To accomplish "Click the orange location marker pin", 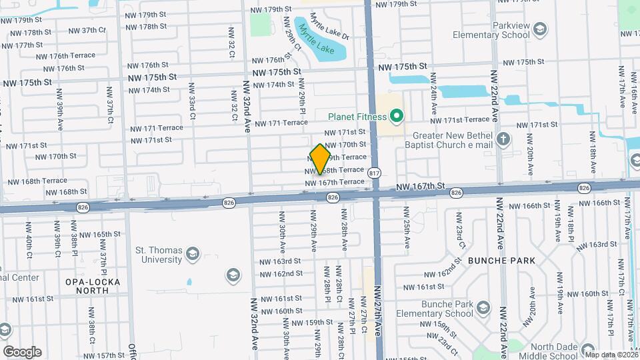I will click(x=321, y=158).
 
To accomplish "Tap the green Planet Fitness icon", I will click(x=397, y=117).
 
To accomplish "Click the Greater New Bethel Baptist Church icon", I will click(x=503, y=139).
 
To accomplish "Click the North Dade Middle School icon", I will click(x=587, y=349).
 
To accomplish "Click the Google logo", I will click(x=21, y=351).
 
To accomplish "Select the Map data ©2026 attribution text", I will click(x=611, y=355).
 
